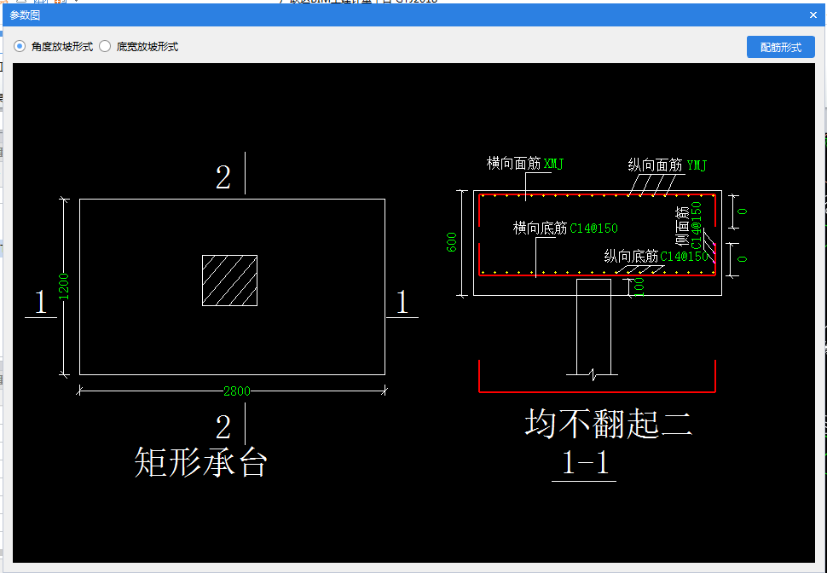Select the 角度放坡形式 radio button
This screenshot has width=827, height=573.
pyautogui.click(x=20, y=47)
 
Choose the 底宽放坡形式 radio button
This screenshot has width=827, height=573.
pyautogui.click(x=106, y=47)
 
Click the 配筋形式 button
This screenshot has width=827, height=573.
pyautogui.click(x=780, y=48)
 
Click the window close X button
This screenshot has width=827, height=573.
pyautogui.click(x=813, y=15)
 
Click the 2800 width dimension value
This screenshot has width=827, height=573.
pyautogui.click(x=237, y=391)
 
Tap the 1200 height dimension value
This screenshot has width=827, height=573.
pyautogui.click(x=63, y=286)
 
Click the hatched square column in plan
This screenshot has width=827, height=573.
pyautogui.click(x=229, y=280)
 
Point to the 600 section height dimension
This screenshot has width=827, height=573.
pyautogui.click(x=452, y=243)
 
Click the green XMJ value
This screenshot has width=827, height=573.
pyautogui.click(x=554, y=164)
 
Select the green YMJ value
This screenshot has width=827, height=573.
pyautogui.click(x=697, y=165)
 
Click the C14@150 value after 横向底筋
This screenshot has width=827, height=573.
pyautogui.click(x=593, y=229)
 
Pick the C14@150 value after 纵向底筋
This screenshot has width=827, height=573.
pyautogui.click(x=685, y=256)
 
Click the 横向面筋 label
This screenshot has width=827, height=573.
pyautogui.click(x=513, y=164)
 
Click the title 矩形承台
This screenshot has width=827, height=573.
pyautogui.click(x=201, y=461)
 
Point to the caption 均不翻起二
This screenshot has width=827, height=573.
pyautogui.click(x=607, y=423)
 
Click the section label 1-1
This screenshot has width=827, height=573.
pyautogui.click(x=585, y=463)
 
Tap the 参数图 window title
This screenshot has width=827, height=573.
pyautogui.click(x=25, y=15)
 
